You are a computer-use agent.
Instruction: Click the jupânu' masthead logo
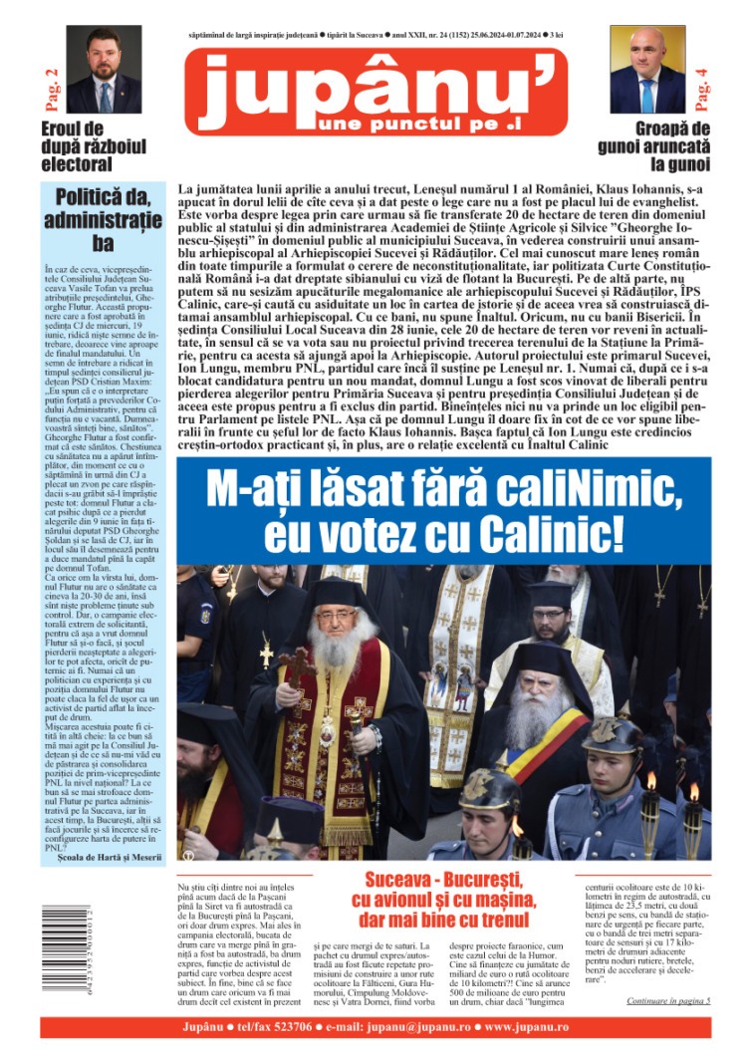376,92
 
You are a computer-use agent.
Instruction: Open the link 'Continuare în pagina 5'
668,999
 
